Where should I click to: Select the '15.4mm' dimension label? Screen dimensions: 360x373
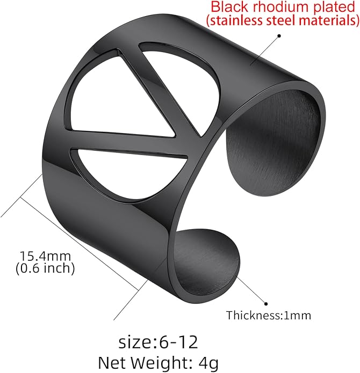pos(45,256)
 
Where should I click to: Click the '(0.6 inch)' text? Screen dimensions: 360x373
pos(45,268)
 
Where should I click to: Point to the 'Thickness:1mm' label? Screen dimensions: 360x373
pos(269,316)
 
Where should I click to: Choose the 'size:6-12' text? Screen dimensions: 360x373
pos(159,342)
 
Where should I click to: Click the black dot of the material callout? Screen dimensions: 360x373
pos(279,36)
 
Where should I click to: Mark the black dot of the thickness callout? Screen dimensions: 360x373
pos(266,304)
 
